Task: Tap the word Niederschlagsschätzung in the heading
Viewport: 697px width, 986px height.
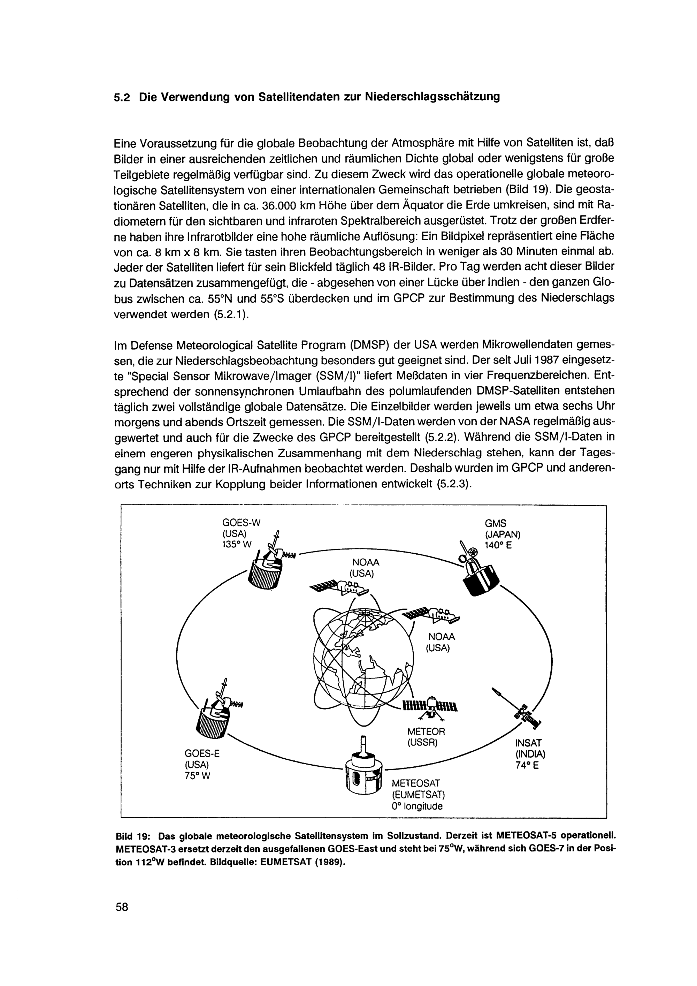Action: tap(432, 97)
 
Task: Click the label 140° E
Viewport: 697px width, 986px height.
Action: tap(498, 545)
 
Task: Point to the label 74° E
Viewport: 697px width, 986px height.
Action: tap(527, 766)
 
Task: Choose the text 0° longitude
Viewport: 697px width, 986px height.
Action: tap(417, 806)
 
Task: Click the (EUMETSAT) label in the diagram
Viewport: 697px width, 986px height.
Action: tap(418, 795)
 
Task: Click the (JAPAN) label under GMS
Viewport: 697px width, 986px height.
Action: tap(502, 534)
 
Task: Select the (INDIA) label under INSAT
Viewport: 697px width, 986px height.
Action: tap(530, 754)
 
